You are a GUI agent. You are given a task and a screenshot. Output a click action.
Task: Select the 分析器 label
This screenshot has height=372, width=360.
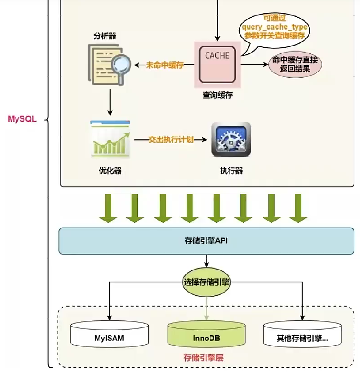[105, 36]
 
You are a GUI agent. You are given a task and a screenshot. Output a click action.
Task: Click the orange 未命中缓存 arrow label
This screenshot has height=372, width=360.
[165, 65]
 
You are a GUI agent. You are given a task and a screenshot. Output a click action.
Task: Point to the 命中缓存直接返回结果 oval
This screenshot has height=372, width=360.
[295, 64]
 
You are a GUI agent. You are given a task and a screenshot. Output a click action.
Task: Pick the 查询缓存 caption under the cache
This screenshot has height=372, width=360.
[217, 95]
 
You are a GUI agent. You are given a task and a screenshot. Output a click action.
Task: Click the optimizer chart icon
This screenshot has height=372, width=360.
[110, 139]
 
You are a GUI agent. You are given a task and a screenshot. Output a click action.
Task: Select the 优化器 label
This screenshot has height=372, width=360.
[110, 171]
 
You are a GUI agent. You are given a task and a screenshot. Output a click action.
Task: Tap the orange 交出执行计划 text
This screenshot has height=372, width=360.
[171, 139]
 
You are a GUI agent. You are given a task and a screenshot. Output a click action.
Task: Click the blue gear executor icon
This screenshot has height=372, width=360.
[231, 139]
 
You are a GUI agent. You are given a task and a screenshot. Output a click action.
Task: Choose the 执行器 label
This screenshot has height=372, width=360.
[231, 171]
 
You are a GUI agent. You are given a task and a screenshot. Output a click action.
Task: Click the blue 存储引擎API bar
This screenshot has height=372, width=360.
[206, 241]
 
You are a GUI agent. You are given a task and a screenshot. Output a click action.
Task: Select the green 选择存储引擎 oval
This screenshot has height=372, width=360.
[206, 282]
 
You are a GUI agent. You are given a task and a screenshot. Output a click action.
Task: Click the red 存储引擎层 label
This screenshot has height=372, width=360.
[203, 358]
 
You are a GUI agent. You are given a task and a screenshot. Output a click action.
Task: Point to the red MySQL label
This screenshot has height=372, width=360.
[22, 119]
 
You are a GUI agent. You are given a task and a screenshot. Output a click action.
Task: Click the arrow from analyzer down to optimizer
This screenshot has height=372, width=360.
[109, 102]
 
